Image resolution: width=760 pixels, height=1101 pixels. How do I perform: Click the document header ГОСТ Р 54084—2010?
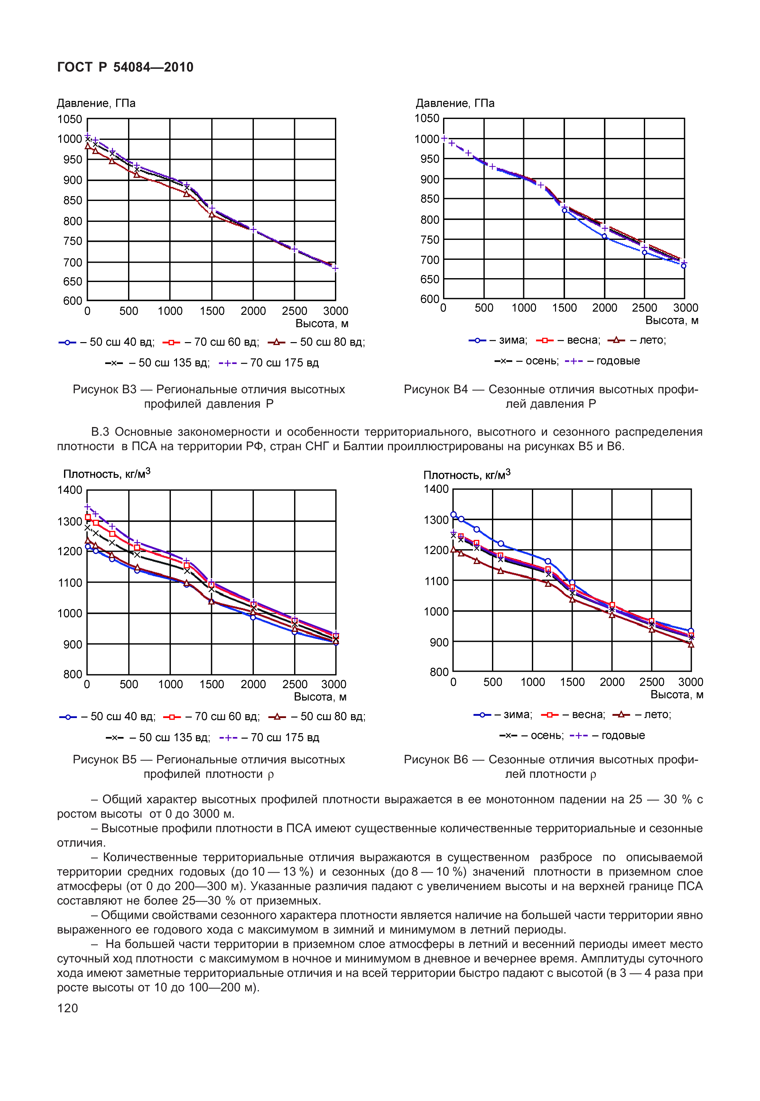(x=125, y=67)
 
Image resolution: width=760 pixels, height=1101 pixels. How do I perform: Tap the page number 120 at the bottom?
(x=67, y=1008)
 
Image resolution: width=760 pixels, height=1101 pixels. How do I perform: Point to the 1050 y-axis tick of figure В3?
(x=70, y=119)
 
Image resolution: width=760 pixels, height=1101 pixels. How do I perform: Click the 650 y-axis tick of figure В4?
(x=430, y=279)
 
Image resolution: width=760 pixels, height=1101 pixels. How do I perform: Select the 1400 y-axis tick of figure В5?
(x=70, y=490)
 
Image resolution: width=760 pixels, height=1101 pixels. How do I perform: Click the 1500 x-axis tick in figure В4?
(x=564, y=308)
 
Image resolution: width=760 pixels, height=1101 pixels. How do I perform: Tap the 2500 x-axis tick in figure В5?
(x=295, y=684)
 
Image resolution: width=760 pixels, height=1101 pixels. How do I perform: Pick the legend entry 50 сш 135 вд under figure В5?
(x=174, y=738)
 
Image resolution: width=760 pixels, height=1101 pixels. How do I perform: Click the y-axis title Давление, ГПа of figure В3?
(x=96, y=103)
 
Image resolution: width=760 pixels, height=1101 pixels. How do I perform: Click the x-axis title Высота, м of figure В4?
(x=672, y=321)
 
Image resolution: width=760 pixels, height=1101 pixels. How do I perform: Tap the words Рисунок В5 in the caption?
(x=104, y=760)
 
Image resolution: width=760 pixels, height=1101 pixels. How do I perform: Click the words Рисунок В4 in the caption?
(x=435, y=390)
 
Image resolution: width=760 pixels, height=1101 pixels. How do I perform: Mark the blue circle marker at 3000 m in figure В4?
(x=683, y=266)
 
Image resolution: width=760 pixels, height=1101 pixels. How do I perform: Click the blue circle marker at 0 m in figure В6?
(x=453, y=515)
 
